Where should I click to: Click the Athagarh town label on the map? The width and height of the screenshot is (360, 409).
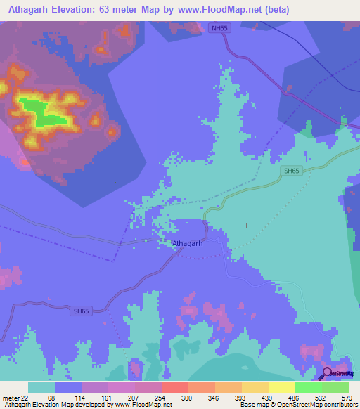(x=188, y=244)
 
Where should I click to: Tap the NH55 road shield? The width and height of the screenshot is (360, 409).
(x=219, y=28)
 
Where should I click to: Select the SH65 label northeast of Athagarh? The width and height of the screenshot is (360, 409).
(x=292, y=171)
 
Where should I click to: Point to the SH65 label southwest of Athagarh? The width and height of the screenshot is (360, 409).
(x=82, y=311)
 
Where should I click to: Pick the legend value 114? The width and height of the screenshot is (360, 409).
(x=81, y=398)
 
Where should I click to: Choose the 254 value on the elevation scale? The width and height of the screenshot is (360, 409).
(x=161, y=398)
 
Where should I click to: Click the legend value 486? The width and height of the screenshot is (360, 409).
(x=295, y=398)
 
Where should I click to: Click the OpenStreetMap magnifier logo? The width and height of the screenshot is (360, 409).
(x=328, y=372)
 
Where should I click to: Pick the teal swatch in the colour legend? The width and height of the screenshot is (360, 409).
(x=41, y=387)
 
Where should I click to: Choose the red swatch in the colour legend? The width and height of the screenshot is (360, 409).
(x=175, y=387)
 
